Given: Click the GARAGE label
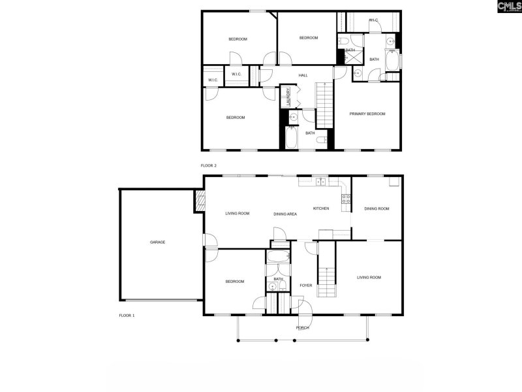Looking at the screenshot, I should (157, 242).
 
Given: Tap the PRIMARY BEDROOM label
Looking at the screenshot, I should (367, 114).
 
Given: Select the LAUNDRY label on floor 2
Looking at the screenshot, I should (286, 97).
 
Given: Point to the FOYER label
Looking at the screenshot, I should (306, 286).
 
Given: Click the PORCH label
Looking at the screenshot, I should (302, 327).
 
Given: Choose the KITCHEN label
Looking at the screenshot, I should (320, 208).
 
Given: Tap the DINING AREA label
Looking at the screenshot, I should (285, 214).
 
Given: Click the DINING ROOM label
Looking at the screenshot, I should (376, 208).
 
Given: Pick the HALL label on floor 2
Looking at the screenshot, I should (303, 76).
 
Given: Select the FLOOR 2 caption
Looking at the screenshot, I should (208, 166).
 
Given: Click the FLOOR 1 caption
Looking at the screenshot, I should (127, 316).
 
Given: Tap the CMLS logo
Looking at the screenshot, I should (509, 7).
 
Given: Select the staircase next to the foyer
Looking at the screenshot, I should (326, 268).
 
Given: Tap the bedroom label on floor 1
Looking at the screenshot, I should (235, 282).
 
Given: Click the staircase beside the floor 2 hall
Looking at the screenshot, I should (324, 105).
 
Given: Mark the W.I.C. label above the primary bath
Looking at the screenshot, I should (373, 20).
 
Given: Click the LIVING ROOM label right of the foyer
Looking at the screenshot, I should (369, 278).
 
